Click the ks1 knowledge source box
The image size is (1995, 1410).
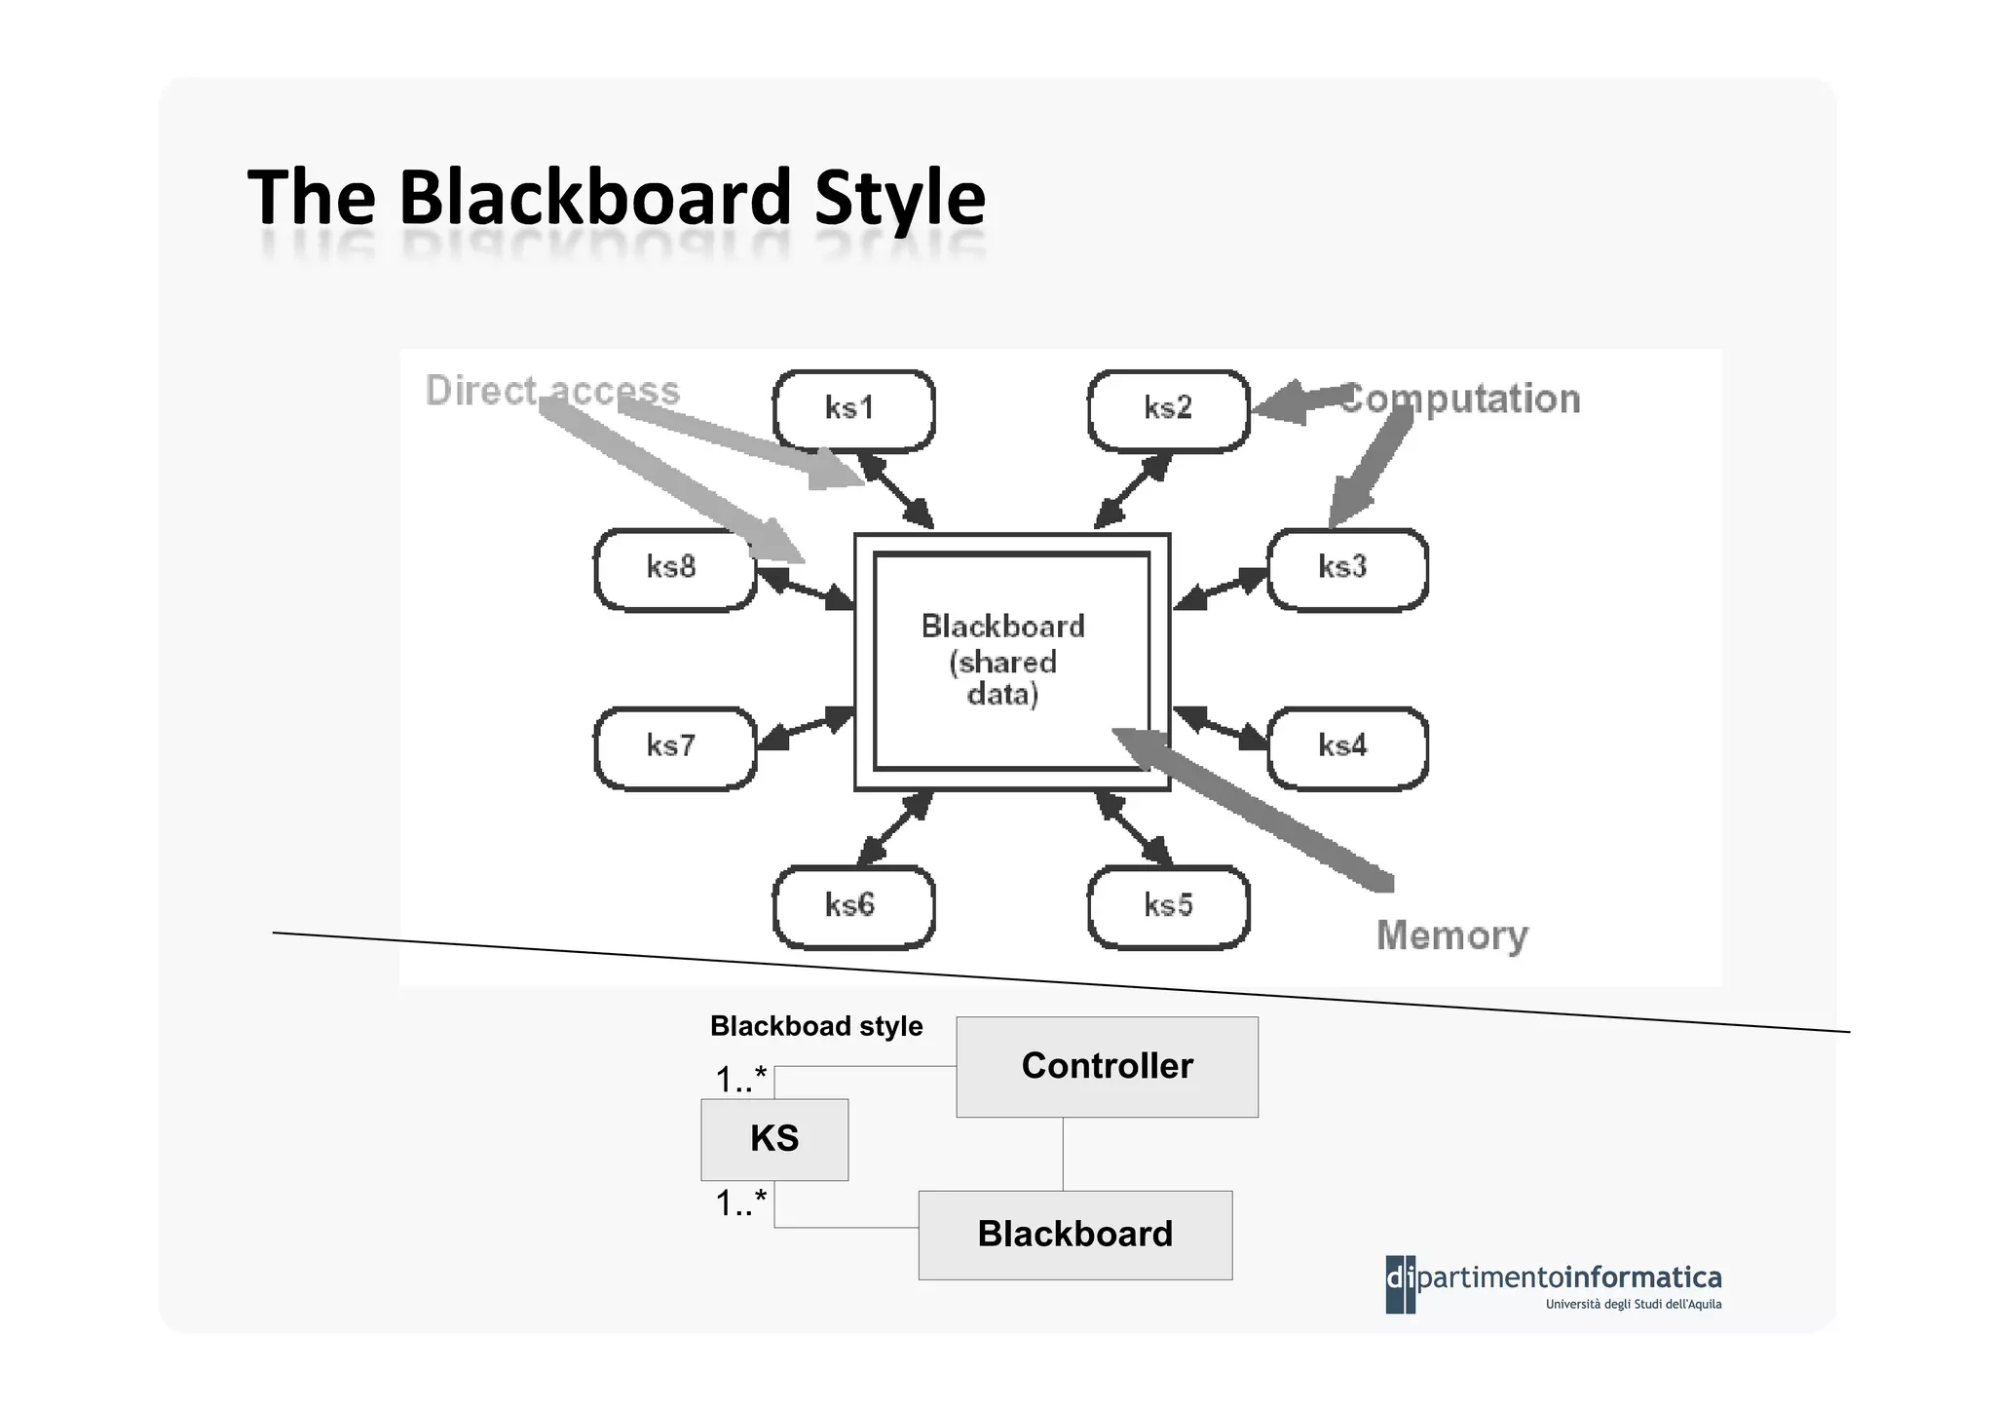coord(853,409)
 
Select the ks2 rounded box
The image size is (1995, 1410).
coord(1168,409)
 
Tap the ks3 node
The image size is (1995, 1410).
coord(1346,569)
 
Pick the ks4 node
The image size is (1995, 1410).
coord(1346,747)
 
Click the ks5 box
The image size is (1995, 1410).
coord(1168,906)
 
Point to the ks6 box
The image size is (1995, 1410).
coord(853,906)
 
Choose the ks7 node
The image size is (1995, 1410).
coord(674,747)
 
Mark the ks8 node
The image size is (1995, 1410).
coord(674,569)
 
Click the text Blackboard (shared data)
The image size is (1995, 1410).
coord(1003,660)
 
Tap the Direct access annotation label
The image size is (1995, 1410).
coord(552,391)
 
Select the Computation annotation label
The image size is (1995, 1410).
coord(1461,400)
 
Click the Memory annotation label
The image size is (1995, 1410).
coord(1451,935)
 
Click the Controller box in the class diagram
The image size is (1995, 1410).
coord(1107,1066)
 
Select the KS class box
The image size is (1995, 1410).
coord(774,1139)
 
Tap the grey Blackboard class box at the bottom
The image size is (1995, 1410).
coord(1074,1235)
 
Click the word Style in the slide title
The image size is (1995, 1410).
coord(899,198)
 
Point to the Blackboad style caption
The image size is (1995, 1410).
coord(816,1026)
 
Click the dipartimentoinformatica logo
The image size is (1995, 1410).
coord(1553,1284)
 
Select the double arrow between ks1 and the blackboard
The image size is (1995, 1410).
coord(894,492)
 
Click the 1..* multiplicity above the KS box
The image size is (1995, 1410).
coord(741,1080)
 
